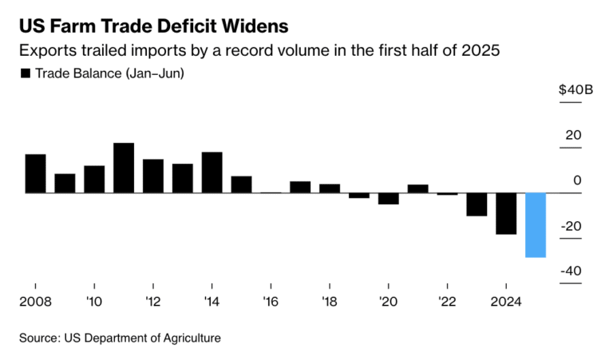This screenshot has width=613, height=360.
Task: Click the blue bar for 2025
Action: [536, 225]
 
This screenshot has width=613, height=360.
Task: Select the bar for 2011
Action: [124, 168]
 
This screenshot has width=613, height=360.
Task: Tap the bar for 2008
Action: [35, 173]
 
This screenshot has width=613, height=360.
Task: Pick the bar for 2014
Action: [212, 172]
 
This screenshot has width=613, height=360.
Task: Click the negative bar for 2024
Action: [506, 213]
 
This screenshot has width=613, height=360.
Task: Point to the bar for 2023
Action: [477, 204]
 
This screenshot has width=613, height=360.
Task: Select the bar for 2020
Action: [389, 199]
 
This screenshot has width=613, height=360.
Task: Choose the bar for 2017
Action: [300, 187]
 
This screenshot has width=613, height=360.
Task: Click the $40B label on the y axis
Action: [575, 89]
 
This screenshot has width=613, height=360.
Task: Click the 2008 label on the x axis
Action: [34, 303]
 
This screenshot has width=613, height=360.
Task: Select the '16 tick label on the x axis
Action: [271, 303]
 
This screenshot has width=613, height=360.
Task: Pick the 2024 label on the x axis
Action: [506, 303]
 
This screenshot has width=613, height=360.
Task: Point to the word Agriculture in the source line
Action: [184, 338]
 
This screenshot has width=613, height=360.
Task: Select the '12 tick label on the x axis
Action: [153, 303]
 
